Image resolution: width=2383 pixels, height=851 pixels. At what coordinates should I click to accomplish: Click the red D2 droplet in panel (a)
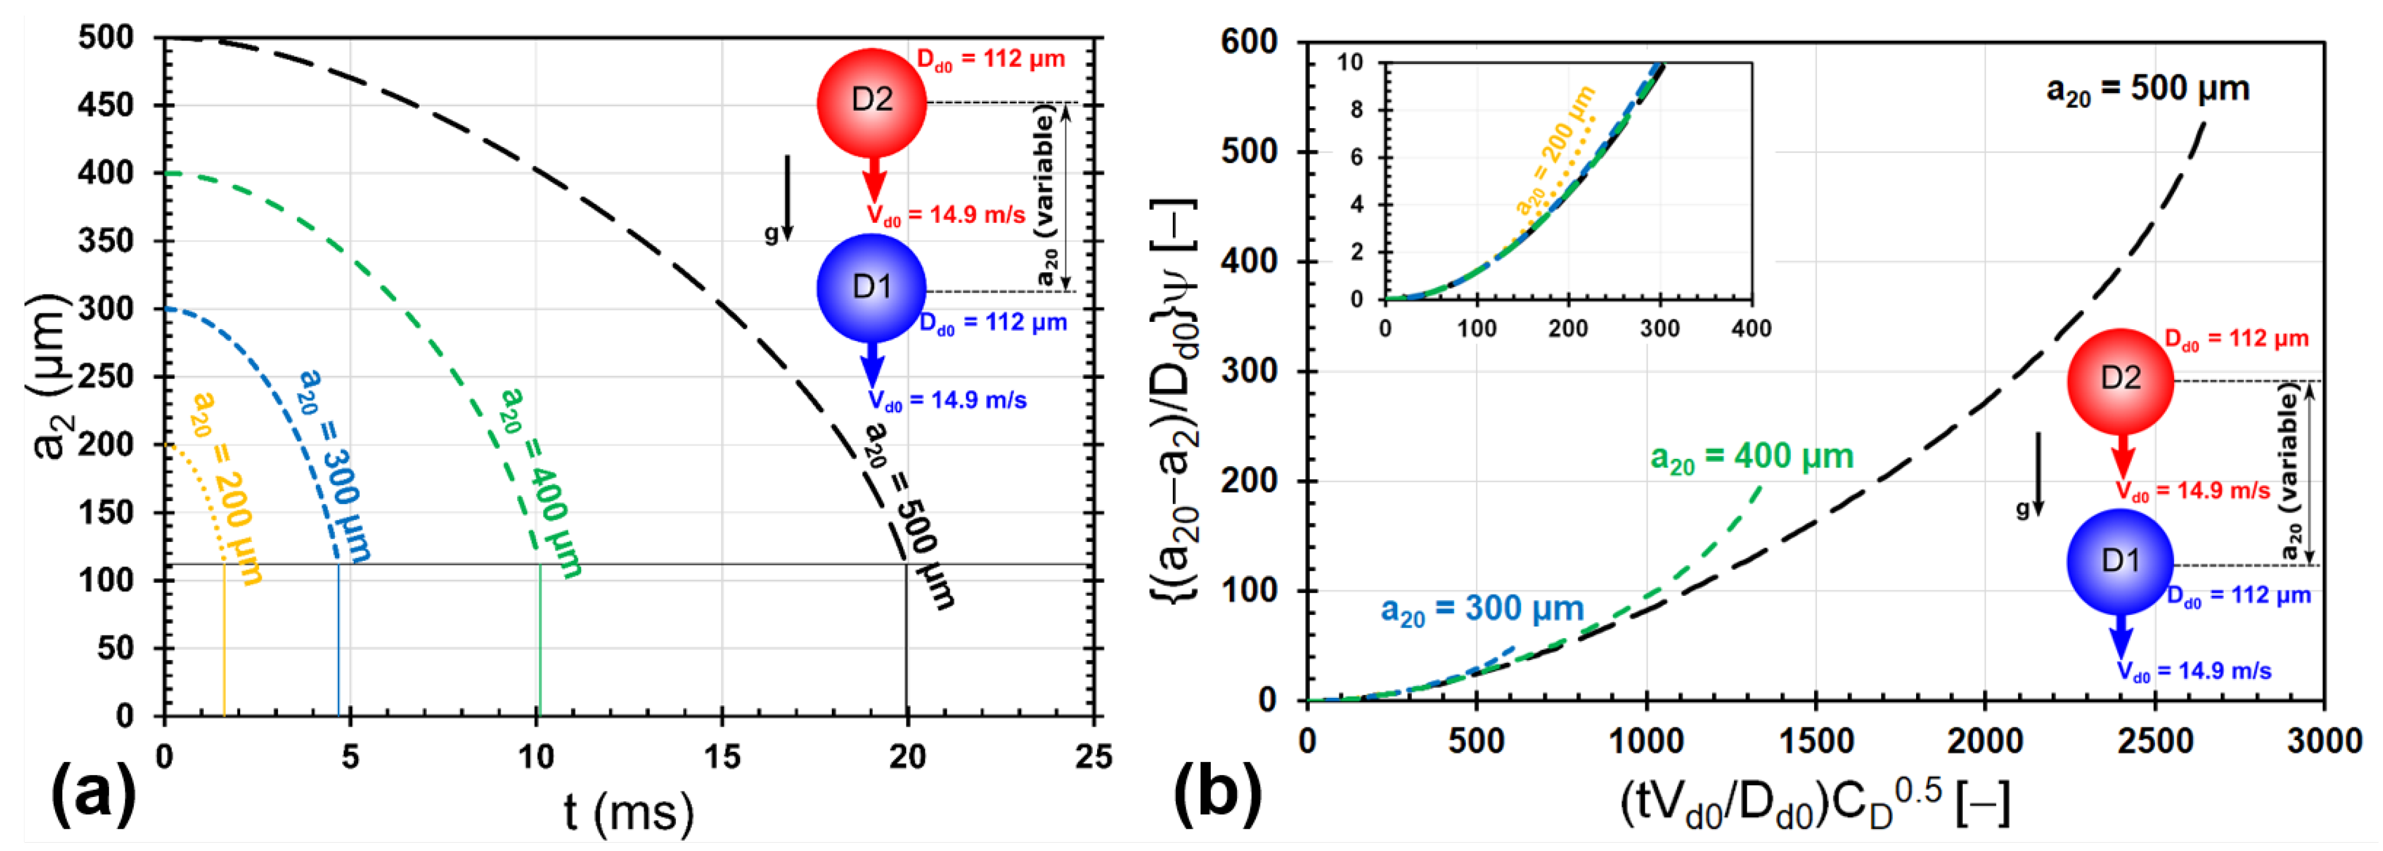(x=871, y=102)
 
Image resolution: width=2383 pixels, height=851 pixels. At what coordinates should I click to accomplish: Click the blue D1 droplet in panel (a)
(x=871, y=288)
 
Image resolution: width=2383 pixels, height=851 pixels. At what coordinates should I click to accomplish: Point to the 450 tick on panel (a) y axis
(x=106, y=105)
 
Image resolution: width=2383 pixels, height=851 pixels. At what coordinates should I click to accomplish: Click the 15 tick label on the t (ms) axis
(x=722, y=757)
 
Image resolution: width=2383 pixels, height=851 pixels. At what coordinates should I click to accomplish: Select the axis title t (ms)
(x=629, y=812)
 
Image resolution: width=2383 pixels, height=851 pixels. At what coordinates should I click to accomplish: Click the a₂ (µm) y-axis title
(x=50, y=378)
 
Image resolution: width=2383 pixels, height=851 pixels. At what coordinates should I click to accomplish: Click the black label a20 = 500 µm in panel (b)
(x=2147, y=90)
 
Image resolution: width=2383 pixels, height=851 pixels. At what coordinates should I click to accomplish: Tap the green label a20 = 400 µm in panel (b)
(x=1752, y=458)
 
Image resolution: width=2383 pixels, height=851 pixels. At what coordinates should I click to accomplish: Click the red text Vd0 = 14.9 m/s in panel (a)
(x=946, y=216)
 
